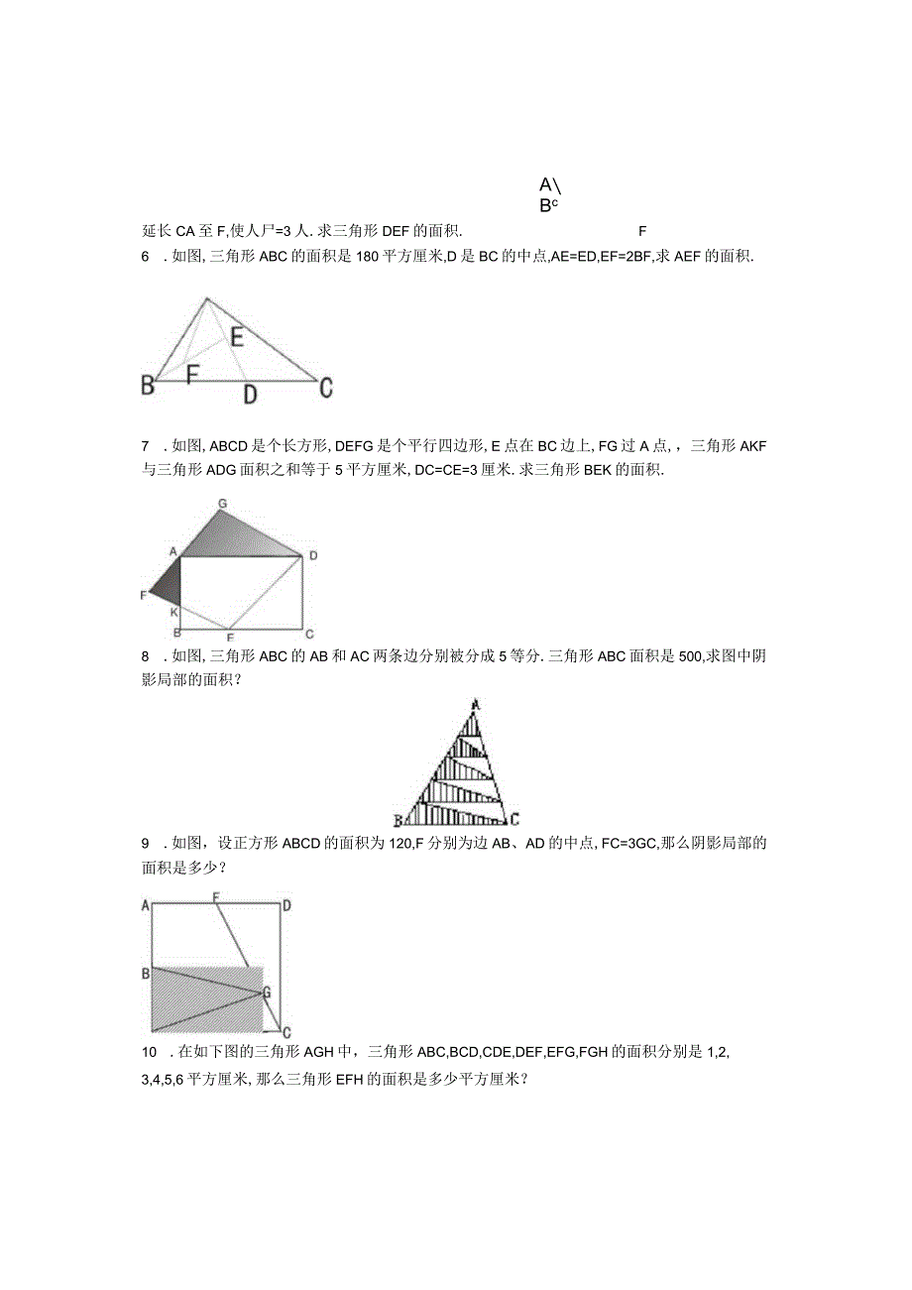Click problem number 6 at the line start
click(145, 256)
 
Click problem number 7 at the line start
click(145, 446)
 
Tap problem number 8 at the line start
click(145, 655)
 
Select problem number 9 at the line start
click(145, 844)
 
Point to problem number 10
click(149, 1051)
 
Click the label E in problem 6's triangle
click(237, 337)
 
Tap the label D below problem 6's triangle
click(250, 395)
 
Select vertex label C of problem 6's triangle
click(325, 388)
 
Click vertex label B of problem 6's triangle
click(149, 386)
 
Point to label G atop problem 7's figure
click(223, 504)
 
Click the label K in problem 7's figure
click(173, 612)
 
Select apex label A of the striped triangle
click(477, 705)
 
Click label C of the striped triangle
click(513, 820)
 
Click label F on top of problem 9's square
click(215, 898)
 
